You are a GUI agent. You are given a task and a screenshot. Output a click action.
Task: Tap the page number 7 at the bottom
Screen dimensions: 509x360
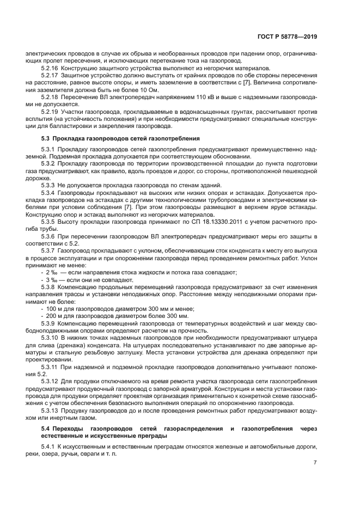pos(315,463)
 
